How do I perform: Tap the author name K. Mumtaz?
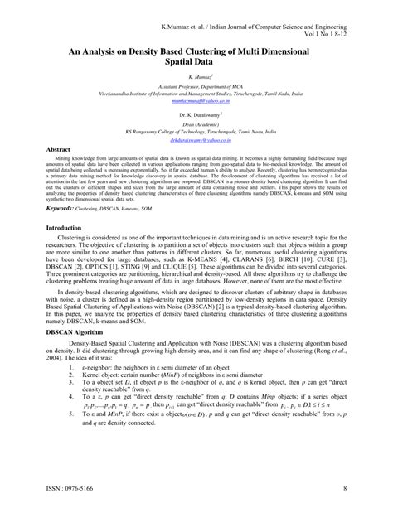[196, 75]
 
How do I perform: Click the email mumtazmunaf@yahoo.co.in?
[196, 100]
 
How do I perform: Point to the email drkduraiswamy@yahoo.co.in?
[196, 142]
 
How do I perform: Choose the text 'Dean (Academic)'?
[196, 122]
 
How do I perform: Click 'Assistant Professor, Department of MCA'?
[196, 87]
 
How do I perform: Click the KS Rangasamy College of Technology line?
[196, 131]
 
